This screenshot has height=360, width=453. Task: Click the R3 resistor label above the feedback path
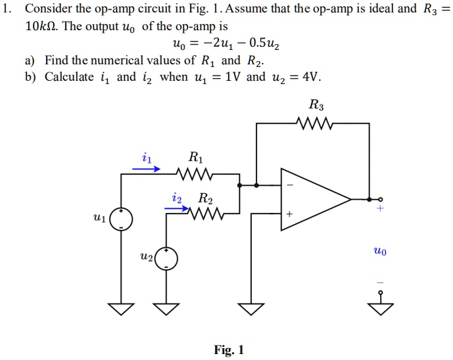point(316,104)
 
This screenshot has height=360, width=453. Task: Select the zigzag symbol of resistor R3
point(317,122)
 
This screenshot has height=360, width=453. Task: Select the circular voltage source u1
point(121,219)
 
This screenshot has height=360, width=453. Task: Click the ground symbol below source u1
point(121,307)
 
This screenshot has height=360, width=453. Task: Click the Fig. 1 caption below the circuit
point(228,350)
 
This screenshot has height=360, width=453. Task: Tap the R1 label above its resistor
point(195,158)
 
